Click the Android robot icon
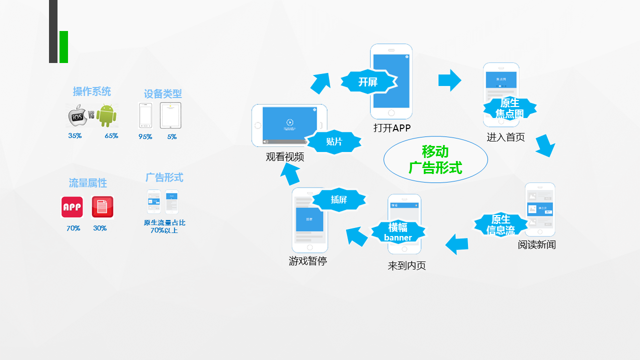106,115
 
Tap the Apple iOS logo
77,116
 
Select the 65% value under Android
111,136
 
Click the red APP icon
72,207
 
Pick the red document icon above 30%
102,207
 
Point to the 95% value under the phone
145,136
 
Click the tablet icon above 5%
170,115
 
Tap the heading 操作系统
92,91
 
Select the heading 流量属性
88,183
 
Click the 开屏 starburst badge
368,82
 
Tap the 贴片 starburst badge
334,142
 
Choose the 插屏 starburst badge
338,200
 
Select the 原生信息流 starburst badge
500,225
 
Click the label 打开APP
392,128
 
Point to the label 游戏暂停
308,261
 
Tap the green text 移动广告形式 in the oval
435,159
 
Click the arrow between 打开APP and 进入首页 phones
449,80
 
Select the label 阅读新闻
537,245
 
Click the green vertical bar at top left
63,47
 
